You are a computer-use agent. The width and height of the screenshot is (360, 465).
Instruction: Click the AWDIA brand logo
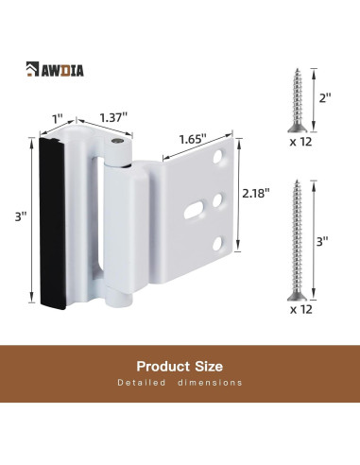(55, 69)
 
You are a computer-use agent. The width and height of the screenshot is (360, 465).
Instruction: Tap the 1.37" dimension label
(113, 118)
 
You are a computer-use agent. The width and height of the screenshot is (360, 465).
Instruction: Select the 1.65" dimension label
(193, 139)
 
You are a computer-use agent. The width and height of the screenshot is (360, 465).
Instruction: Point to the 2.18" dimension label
(256, 193)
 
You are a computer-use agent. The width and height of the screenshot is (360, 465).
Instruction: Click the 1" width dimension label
(58, 119)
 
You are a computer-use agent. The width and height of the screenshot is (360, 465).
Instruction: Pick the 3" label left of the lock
(21, 216)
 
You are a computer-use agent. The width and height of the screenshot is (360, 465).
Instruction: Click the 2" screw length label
(325, 98)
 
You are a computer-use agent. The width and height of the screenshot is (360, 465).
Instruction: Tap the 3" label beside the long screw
(322, 242)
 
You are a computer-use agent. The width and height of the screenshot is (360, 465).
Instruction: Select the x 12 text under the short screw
(300, 142)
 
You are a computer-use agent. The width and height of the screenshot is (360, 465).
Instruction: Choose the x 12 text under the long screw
(301, 309)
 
